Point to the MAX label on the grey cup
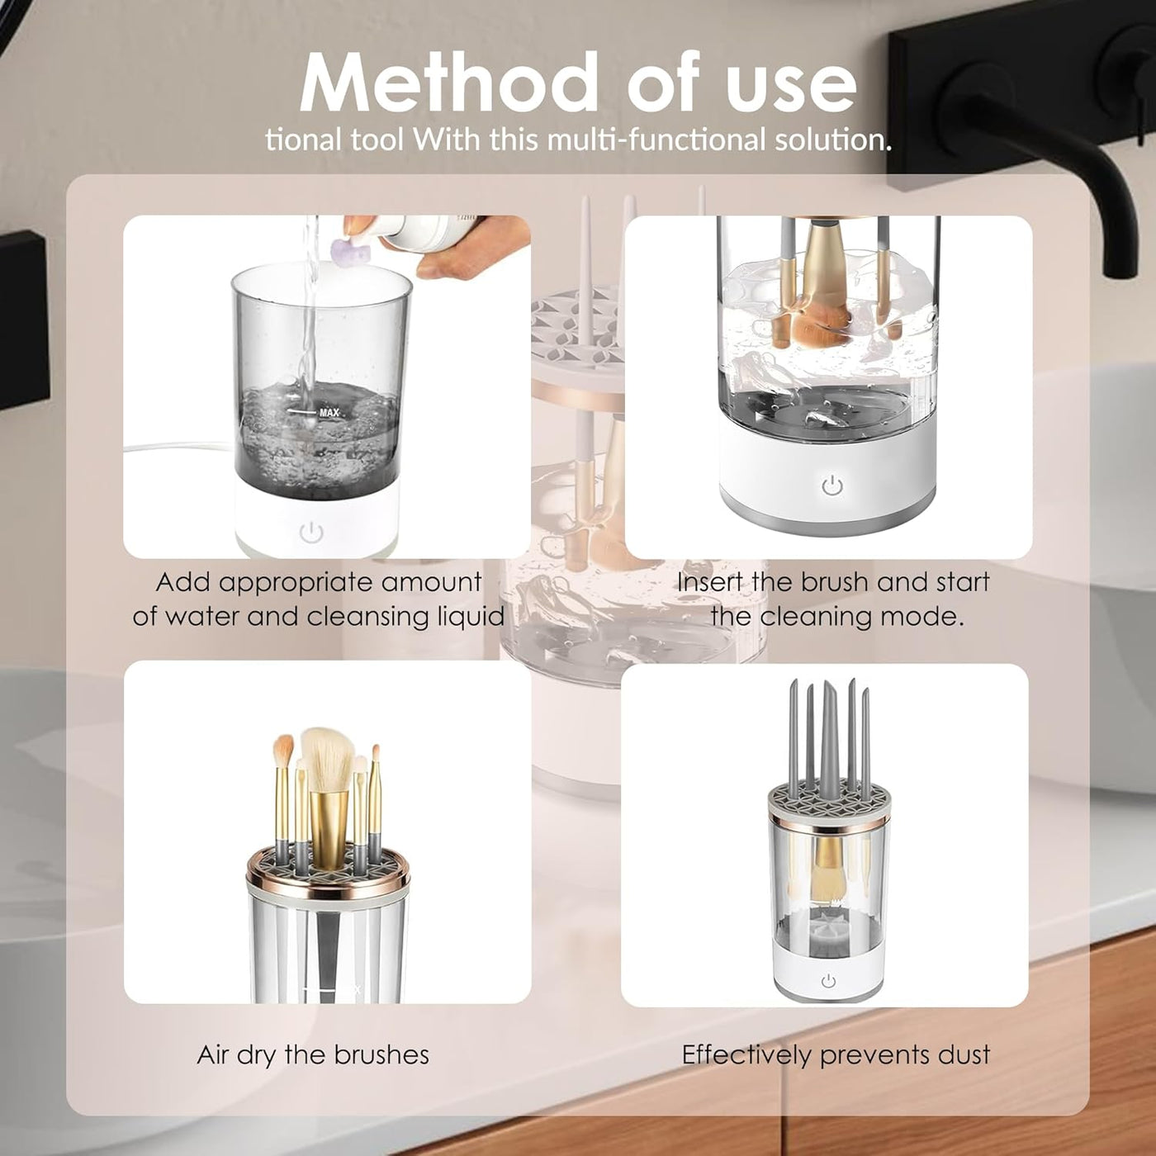(x=329, y=413)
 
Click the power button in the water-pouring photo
(x=310, y=532)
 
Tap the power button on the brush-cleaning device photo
(x=832, y=485)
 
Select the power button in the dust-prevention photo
(x=828, y=982)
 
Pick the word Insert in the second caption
(x=710, y=582)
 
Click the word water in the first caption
(x=199, y=618)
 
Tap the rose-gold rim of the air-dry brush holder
(x=328, y=883)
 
